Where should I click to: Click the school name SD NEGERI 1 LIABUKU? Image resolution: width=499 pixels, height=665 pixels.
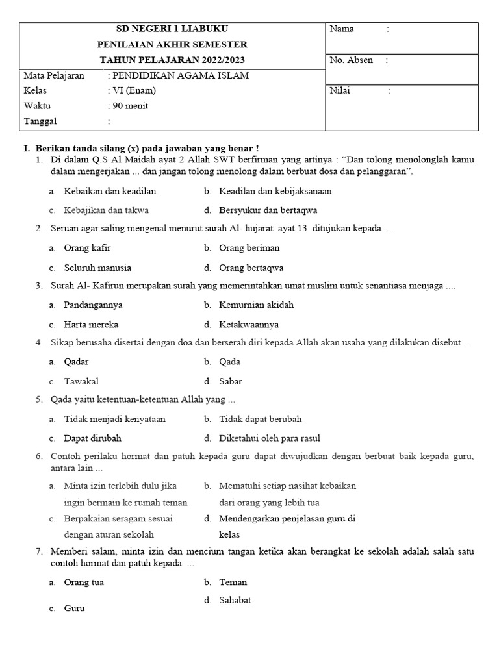click(x=172, y=29)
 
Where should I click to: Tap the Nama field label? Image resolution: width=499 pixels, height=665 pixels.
click(x=342, y=29)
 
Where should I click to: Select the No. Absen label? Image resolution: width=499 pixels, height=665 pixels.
click(x=352, y=60)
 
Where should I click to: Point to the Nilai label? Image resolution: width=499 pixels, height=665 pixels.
click(x=340, y=91)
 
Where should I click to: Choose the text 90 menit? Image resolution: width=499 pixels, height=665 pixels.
click(x=131, y=106)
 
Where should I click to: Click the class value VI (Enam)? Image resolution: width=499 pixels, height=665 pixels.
click(x=134, y=90)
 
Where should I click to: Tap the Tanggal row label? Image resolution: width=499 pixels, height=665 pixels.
click(x=40, y=121)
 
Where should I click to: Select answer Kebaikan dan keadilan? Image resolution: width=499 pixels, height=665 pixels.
click(x=110, y=192)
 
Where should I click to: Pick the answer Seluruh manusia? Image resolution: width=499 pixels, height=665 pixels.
click(x=97, y=268)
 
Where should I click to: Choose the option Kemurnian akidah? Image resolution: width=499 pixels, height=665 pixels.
click(x=256, y=305)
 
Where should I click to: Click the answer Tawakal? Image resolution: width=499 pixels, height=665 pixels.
click(x=81, y=382)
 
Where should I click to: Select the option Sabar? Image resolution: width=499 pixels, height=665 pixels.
click(x=231, y=382)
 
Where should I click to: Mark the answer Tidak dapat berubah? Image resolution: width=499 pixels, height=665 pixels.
click(x=260, y=420)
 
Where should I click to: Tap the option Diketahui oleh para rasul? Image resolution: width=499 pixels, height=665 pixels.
click(x=270, y=438)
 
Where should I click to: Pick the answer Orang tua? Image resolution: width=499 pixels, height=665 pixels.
click(x=84, y=583)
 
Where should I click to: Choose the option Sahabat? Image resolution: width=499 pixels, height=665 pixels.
click(x=235, y=601)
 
